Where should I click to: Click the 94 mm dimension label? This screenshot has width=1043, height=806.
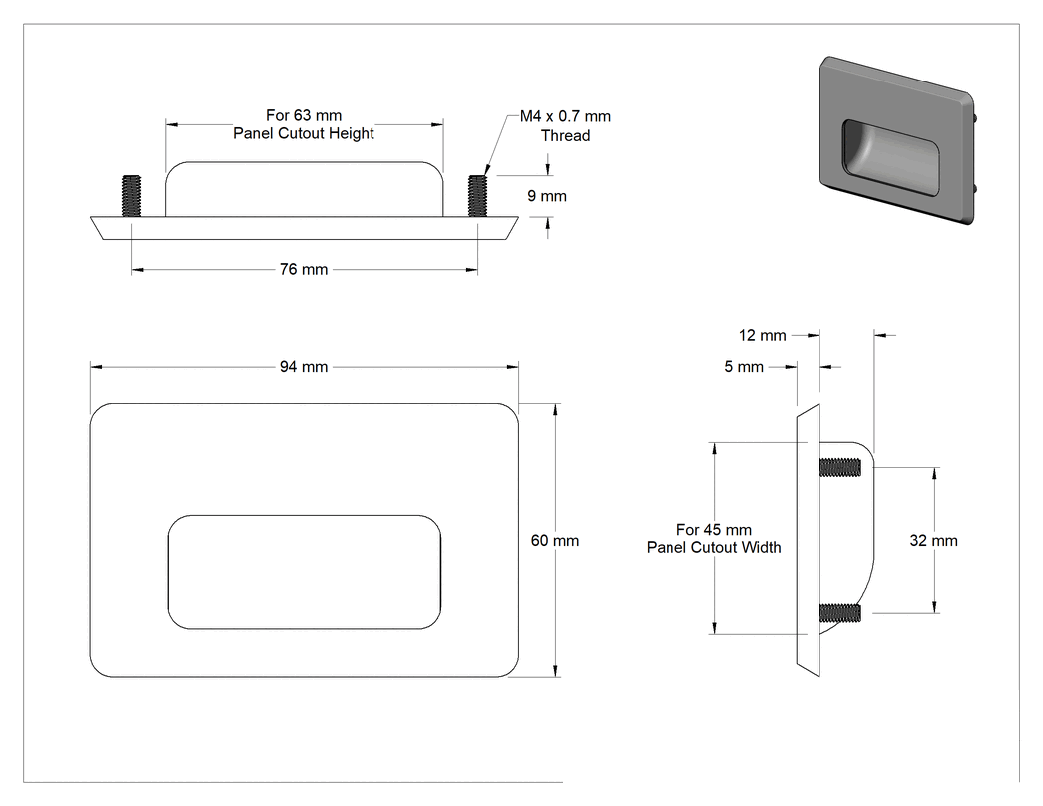tap(304, 367)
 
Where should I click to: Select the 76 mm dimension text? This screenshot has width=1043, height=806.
tap(304, 269)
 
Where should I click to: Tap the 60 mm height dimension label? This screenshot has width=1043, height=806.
tap(554, 541)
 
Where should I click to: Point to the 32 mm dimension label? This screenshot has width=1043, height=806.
tap(934, 541)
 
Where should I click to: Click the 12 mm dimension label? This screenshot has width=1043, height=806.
tap(762, 336)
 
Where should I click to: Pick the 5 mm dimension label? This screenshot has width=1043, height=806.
tap(744, 367)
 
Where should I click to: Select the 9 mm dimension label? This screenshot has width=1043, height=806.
tap(547, 196)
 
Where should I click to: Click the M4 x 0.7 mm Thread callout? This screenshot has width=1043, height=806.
tap(565, 126)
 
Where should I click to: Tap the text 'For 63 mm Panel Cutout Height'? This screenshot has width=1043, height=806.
tap(304, 124)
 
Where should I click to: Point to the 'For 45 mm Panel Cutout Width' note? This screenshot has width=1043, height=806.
tap(714, 539)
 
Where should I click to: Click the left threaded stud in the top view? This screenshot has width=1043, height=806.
tap(132, 195)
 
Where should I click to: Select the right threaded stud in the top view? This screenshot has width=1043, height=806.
tap(477, 195)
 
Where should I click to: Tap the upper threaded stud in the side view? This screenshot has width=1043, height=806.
tap(840, 468)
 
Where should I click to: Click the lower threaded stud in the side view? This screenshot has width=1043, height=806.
tap(840, 613)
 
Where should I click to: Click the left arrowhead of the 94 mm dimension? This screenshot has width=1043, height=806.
tap(96, 367)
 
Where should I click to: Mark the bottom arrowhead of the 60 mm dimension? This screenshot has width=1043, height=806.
tap(555, 670)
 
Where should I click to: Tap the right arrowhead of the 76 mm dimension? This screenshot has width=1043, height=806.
tap(472, 270)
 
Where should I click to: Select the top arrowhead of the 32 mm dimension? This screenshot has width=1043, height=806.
tap(935, 474)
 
